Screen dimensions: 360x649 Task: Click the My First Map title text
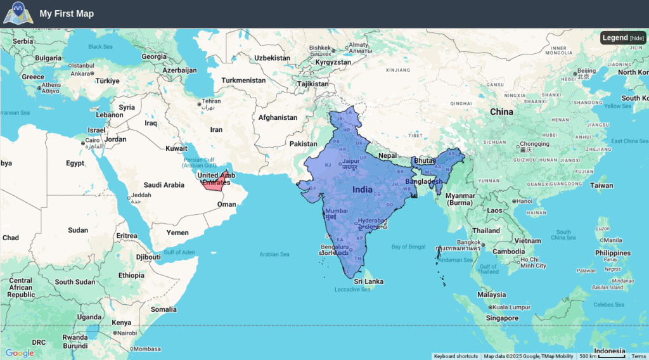tap(67, 13)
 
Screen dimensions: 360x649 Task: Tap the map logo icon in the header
tap(17, 13)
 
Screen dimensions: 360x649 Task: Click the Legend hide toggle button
tap(636, 38)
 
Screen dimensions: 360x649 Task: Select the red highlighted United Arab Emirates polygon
tap(214, 184)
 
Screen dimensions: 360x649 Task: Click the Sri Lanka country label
tap(368, 281)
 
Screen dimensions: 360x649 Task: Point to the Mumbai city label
tap(336, 210)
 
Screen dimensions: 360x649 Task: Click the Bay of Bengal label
tap(408, 247)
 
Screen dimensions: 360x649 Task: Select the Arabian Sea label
tap(274, 254)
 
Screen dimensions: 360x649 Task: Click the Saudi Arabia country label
tap(164, 185)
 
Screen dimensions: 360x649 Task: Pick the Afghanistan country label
tap(278, 117)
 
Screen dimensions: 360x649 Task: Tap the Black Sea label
tap(100, 46)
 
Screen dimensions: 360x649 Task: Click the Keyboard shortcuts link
tap(456, 356)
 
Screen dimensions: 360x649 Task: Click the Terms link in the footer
tap(638, 356)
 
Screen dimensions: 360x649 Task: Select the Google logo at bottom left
tap(20, 353)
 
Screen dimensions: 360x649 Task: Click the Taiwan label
tap(601, 186)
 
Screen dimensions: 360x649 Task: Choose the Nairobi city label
tap(126, 333)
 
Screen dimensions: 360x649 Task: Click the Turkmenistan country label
tap(243, 80)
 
